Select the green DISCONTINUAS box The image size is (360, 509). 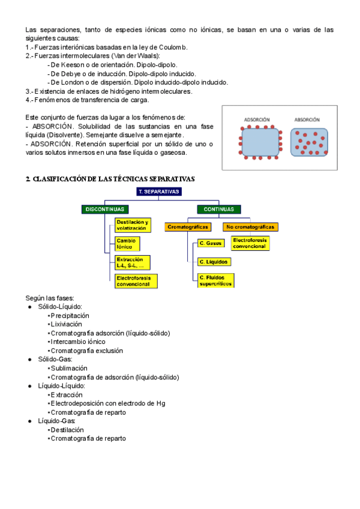[x=105, y=209]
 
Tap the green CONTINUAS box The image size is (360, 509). [x=219, y=209]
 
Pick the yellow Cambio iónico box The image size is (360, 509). [x=127, y=243]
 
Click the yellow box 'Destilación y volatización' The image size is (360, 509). [x=132, y=225]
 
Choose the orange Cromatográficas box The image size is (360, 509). [x=188, y=227]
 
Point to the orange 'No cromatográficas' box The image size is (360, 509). [x=250, y=227]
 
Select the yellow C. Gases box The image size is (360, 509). [x=211, y=243]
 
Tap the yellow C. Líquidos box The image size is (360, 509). [x=214, y=262]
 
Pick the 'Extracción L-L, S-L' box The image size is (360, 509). [x=132, y=262]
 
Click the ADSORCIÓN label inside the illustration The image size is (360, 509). [x=257, y=120]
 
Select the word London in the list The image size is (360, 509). [x=75, y=82]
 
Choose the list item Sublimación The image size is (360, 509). [x=69, y=368]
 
